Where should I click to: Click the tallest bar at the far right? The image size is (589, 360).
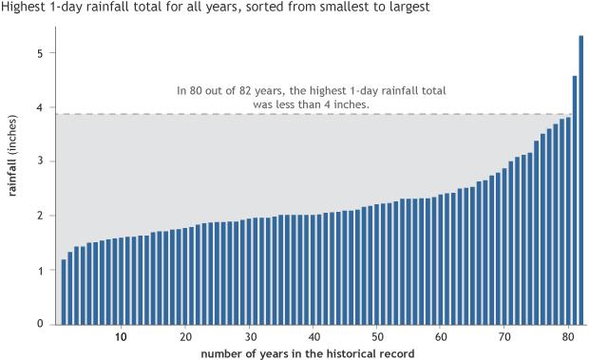[580, 180]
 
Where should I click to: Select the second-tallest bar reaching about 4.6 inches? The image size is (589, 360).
[575, 200]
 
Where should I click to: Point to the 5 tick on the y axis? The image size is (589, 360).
[40, 54]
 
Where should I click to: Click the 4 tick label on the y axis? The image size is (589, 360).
[40, 108]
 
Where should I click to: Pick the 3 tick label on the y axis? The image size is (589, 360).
[40, 162]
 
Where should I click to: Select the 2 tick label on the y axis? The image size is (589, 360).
[40, 217]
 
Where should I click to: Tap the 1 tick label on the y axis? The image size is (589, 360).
[40, 271]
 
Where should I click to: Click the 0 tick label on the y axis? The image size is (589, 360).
[40, 324]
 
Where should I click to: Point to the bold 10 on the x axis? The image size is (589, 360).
[121, 337]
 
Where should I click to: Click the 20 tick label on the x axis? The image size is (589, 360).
[185, 337]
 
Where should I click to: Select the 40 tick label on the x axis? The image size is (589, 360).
[313, 337]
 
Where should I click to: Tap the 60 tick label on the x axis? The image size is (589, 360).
[441, 337]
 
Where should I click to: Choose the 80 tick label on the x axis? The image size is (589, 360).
[568, 337]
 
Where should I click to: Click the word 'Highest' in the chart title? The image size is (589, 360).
[22, 8]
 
